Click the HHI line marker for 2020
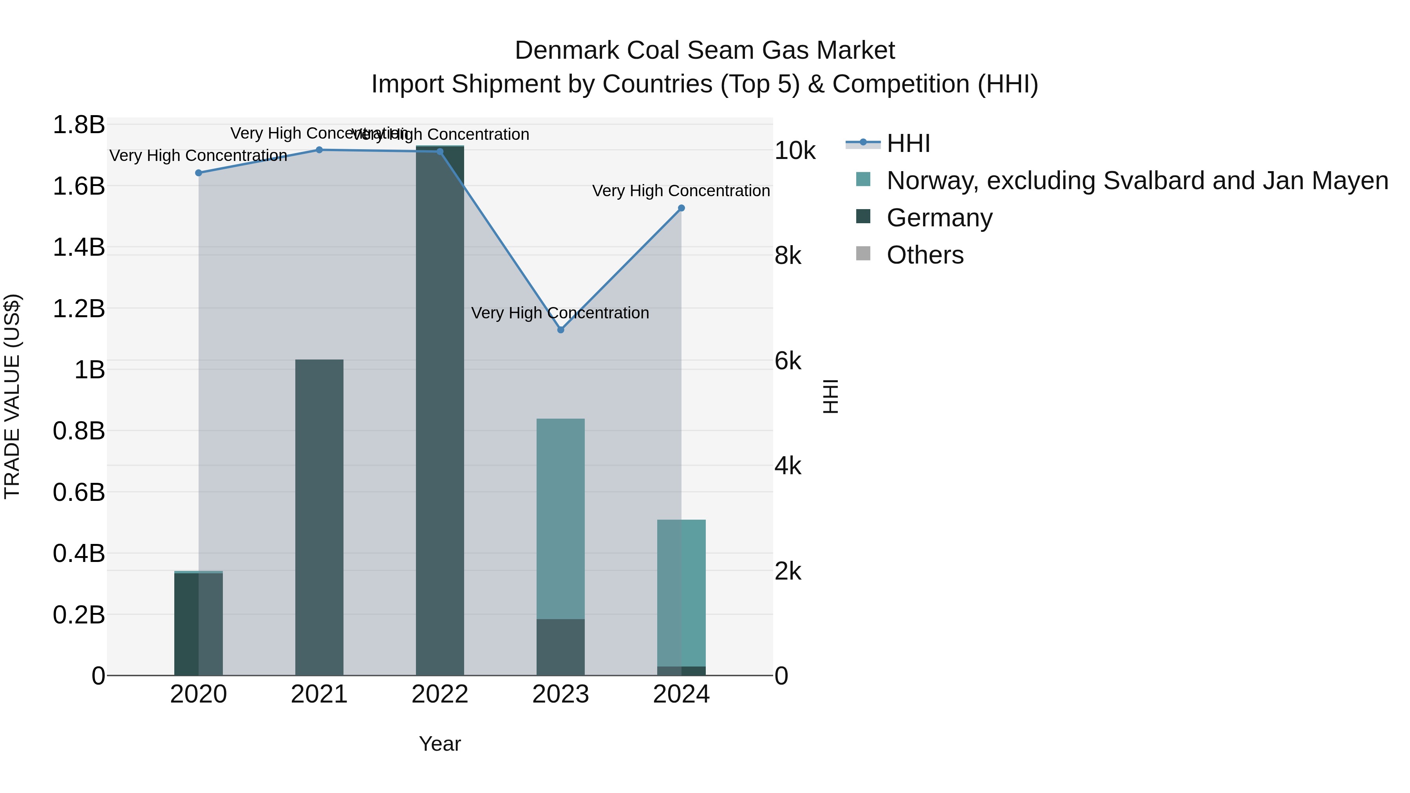199,173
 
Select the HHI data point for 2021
319,150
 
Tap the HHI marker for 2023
560,330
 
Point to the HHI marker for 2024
681,208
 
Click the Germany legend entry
939,218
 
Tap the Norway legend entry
1137,181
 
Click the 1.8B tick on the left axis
79,125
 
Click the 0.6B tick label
79,492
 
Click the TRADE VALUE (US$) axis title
12,396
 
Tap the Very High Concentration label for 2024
681,191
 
